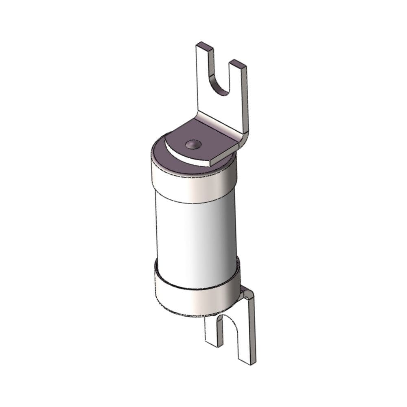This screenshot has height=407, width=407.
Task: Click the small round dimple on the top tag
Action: click(x=193, y=144)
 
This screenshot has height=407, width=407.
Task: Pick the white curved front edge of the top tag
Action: click(x=187, y=159)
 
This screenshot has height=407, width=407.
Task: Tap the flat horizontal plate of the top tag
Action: click(x=203, y=138)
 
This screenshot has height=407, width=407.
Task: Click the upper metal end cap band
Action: click(x=193, y=185)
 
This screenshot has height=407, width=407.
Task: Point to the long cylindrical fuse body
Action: click(x=195, y=236)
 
